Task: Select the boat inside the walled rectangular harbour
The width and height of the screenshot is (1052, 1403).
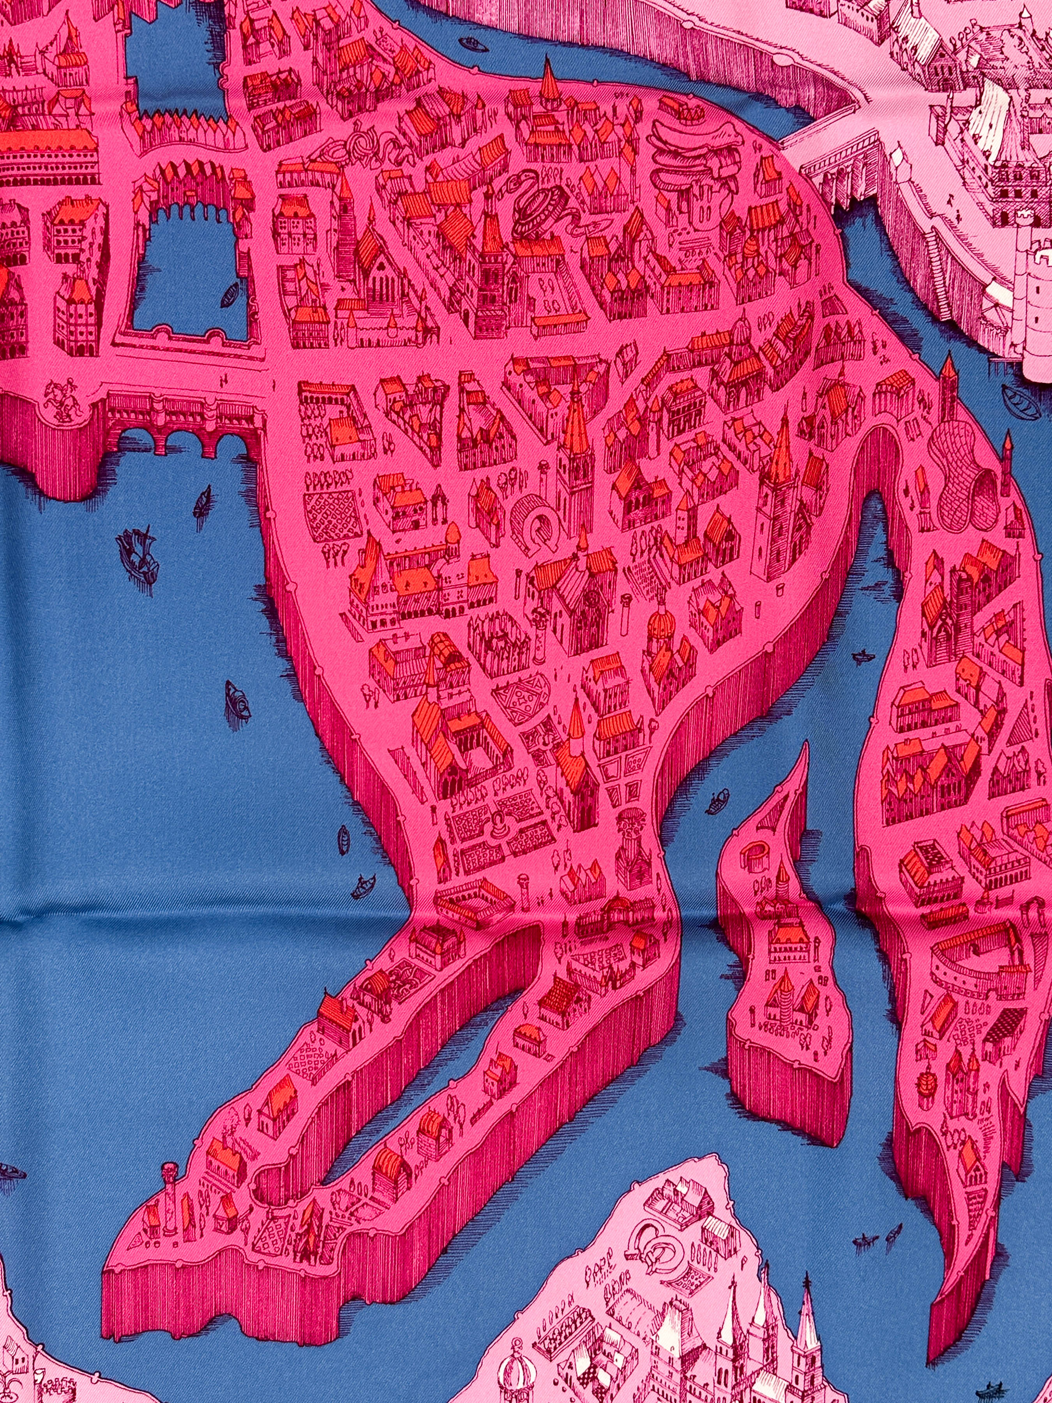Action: [229, 293]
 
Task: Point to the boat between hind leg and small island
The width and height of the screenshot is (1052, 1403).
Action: [718, 802]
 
